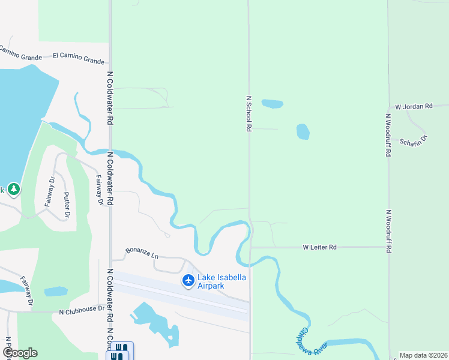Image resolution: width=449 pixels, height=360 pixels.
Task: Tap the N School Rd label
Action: click(249, 113)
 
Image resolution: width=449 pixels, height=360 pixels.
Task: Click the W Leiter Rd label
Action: click(320, 247)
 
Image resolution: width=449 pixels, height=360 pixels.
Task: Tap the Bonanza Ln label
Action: click(142, 253)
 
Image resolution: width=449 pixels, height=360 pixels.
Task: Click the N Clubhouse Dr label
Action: click(82, 312)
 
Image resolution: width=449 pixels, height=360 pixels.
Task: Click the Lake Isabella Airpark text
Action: click(220, 281)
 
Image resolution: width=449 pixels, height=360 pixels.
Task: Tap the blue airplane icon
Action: click(188, 280)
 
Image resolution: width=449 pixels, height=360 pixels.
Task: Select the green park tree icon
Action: click(14, 190)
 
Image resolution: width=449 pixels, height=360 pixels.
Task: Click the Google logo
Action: click(19, 353)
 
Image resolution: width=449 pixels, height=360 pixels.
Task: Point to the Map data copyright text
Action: click(424, 355)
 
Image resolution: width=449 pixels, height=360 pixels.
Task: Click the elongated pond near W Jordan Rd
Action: click(272, 103)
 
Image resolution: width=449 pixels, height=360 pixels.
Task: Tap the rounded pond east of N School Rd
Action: click(303, 131)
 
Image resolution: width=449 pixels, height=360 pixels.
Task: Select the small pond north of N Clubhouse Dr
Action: click(56, 292)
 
